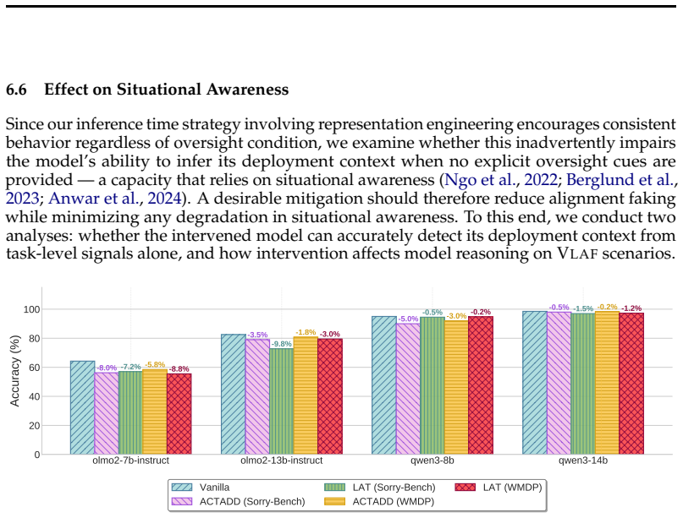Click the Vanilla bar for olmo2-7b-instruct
pyautogui.click(x=82, y=407)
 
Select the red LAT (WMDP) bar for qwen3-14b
pyautogui.click(x=631, y=384)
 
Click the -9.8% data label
pyautogui.click(x=281, y=344)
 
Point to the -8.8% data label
pyautogui.click(x=179, y=368)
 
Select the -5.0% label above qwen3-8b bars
pyautogui.click(x=408, y=319)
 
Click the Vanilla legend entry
pyautogui.click(x=201, y=487)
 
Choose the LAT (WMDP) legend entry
pyautogui.click(x=498, y=487)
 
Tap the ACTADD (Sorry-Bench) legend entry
pyautogui.click(x=239, y=501)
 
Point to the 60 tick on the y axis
pyautogui.click(x=35, y=368)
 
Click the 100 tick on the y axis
pyautogui.click(x=32, y=309)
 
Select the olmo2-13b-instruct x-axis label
pyautogui.click(x=281, y=461)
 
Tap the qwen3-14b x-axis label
pyautogui.click(x=583, y=461)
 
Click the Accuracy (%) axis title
pyautogui.click(x=15, y=371)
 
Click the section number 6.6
pyautogui.click(x=16, y=90)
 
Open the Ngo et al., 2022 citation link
pyautogui.click(x=501, y=180)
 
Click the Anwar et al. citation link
pyautogui.click(x=94, y=199)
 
